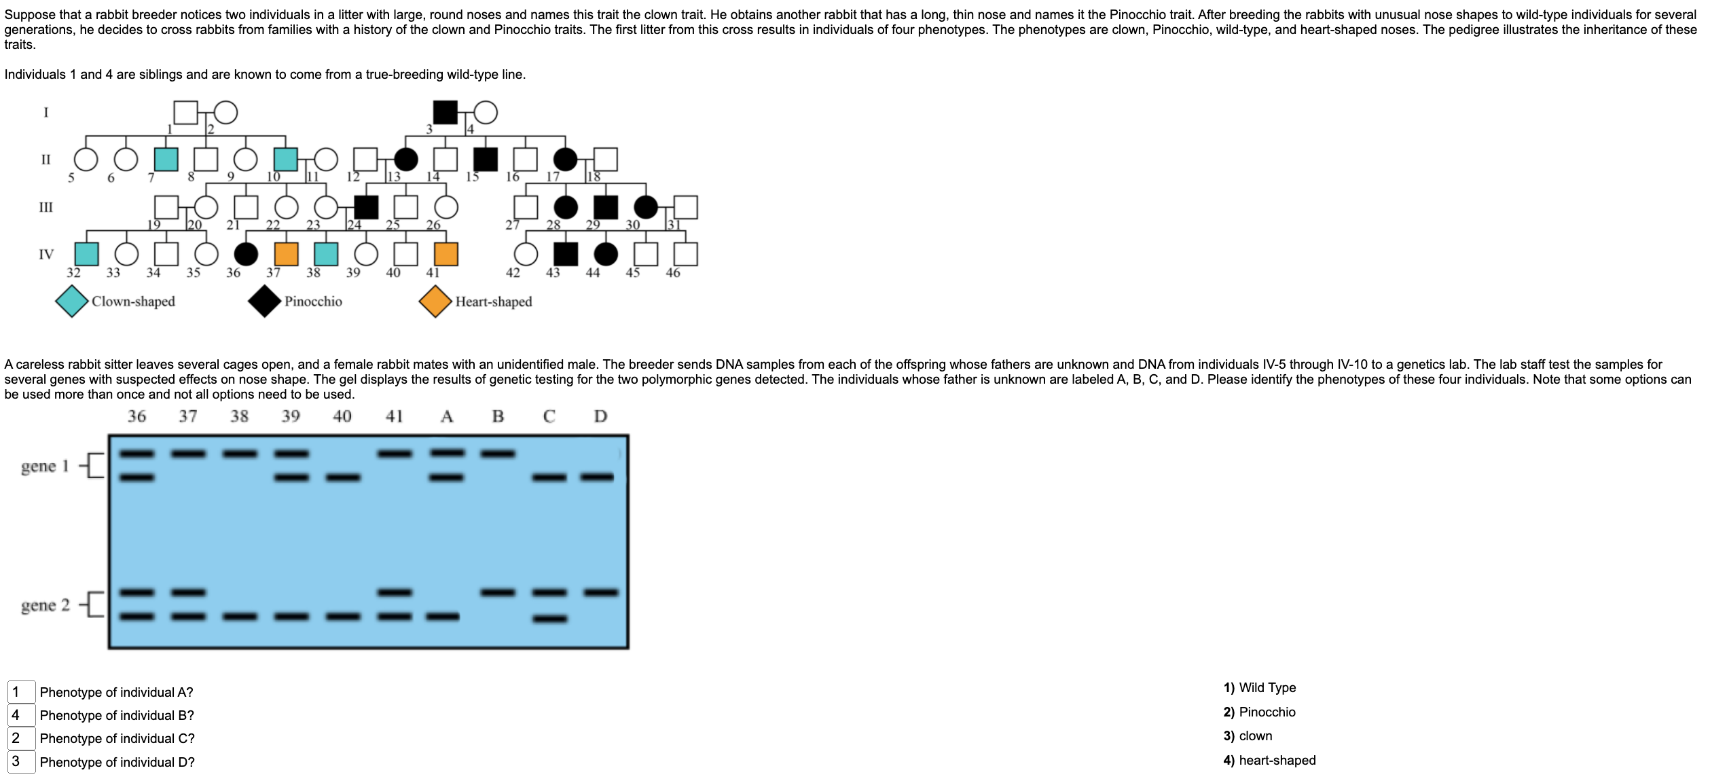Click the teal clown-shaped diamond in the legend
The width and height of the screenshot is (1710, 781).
pos(72,302)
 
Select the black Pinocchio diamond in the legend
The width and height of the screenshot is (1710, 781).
pos(265,302)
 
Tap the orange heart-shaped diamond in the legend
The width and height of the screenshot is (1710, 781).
pos(436,302)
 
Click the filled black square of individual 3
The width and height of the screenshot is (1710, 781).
pos(445,112)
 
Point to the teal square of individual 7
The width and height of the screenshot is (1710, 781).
pos(166,159)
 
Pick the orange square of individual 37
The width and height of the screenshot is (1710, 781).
pos(286,254)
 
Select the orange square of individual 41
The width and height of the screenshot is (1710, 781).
pos(446,254)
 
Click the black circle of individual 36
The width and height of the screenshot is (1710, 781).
pos(246,254)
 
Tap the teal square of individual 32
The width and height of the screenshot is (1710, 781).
pos(86,254)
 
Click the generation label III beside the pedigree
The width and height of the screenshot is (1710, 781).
pos(46,207)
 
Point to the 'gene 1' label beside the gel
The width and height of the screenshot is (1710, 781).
pos(45,466)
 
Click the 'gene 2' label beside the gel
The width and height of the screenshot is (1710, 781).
pos(45,605)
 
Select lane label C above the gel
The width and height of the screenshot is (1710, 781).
pos(549,416)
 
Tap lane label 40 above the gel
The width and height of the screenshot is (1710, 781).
pos(342,416)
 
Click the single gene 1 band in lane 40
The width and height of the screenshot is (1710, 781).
pos(343,477)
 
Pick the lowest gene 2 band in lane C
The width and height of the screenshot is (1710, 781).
pos(550,619)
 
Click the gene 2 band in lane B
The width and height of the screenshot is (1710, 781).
pos(498,593)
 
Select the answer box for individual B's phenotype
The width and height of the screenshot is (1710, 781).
pos(21,715)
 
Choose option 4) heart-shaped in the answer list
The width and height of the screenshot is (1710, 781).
pos(1269,761)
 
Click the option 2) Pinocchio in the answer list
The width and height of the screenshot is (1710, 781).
pos(1259,712)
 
